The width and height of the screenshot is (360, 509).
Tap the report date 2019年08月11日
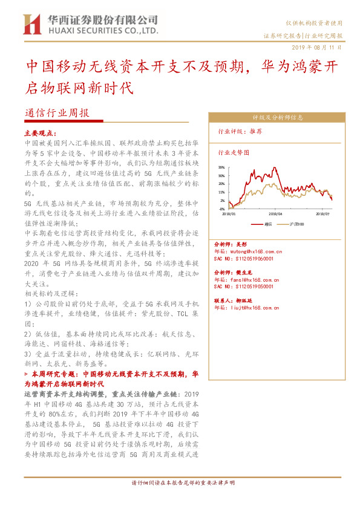click(320, 47)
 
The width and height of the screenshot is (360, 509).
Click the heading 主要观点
click(41, 132)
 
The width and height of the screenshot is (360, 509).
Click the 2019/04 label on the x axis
click(275, 213)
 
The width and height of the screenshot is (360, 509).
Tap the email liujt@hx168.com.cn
click(248, 307)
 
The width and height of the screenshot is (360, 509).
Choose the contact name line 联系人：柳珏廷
click(235, 300)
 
